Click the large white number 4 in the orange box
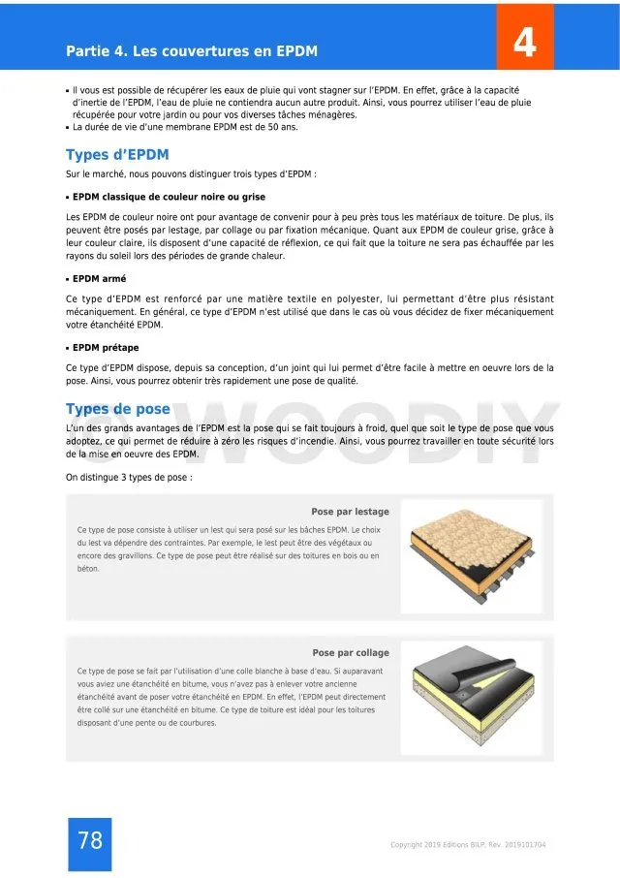pyautogui.click(x=524, y=43)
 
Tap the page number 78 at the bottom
pyautogui.click(x=89, y=841)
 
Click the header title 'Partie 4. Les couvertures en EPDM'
pyautogui.click(x=192, y=50)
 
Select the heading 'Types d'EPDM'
pyautogui.click(x=118, y=155)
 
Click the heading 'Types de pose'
pyautogui.click(x=118, y=409)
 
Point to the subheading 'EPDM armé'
pyautogui.click(x=99, y=279)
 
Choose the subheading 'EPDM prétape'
pyautogui.click(x=106, y=346)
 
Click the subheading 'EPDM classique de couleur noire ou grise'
pyautogui.click(x=169, y=196)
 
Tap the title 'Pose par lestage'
pyautogui.click(x=350, y=512)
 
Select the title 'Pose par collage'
pyautogui.click(x=351, y=653)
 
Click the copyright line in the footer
pyautogui.click(x=467, y=845)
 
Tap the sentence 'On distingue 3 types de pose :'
pyautogui.click(x=129, y=477)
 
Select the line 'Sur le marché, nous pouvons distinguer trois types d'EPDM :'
pyautogui.click(x=191, y=173)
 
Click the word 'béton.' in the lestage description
pyautogui.click(x=88, y=569)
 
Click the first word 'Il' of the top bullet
pyautogui.click(x=76, y=89)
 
